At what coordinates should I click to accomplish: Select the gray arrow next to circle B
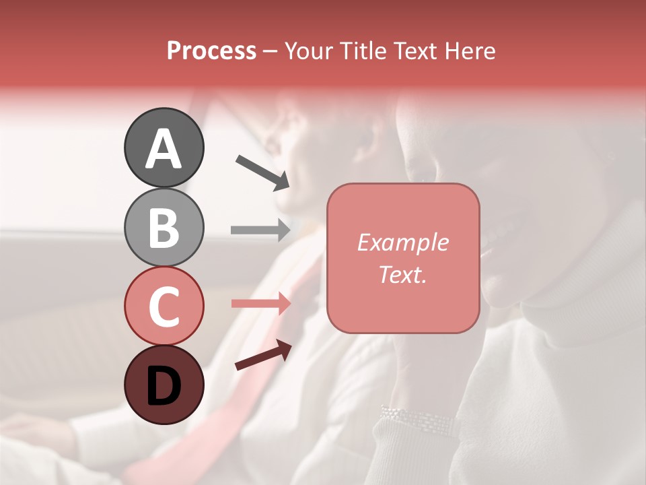point(260,230)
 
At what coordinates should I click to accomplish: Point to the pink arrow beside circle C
point(260,304)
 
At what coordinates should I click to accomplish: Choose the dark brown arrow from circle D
point(262,355)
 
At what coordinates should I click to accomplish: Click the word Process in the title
point(211,51)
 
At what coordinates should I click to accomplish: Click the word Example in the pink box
point(402,243)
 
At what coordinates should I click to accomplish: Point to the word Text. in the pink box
point(402,274)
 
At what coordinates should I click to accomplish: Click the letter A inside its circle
point(164,149)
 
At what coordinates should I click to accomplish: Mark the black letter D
point(164,385)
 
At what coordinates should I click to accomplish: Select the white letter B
point(164,228)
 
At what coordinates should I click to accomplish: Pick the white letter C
point(164,306)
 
